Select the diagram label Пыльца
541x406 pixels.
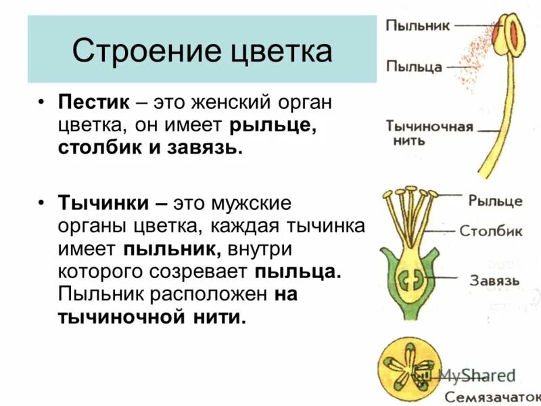pos(414,66)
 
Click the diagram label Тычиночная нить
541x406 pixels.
pos(429,133)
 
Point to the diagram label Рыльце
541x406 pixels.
pos(495,201)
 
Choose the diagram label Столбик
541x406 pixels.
pos(491,231)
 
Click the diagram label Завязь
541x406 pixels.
pos(496,280)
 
